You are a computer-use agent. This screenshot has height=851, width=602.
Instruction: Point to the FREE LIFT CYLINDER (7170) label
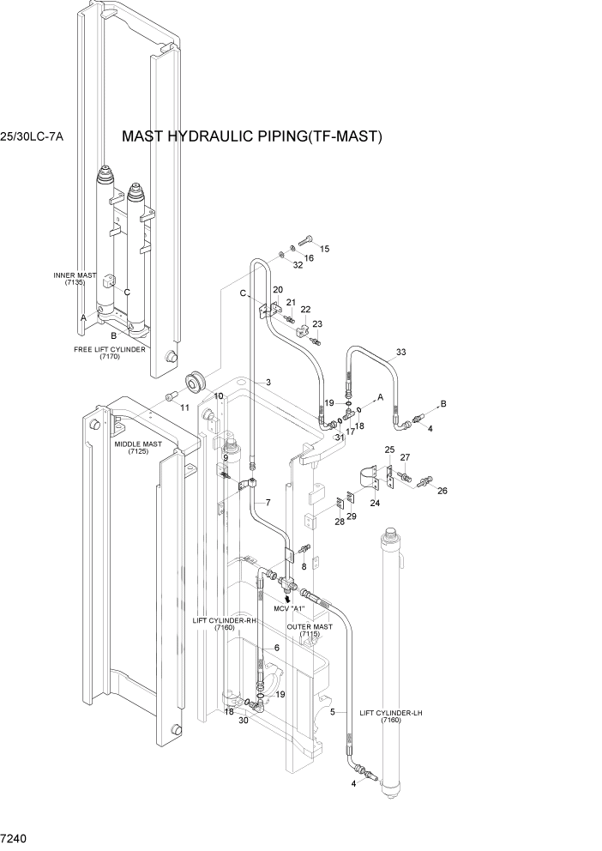tap(109, 353)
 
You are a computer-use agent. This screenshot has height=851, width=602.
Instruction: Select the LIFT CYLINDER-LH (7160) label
tap(390, 715)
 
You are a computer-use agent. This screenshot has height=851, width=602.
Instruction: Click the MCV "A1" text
tap(292, 608)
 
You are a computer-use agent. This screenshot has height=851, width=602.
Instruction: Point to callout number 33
tap(400, 352)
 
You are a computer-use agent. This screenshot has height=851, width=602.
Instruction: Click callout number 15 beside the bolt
tap(324, 249)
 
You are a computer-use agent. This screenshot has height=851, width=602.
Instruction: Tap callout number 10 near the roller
tap(219, 395)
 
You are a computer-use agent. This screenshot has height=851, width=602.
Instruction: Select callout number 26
tap(442, 491)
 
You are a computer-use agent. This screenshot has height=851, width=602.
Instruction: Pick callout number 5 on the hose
tap(332, 712)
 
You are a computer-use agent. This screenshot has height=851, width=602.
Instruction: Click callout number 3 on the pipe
tap(268, 382)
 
